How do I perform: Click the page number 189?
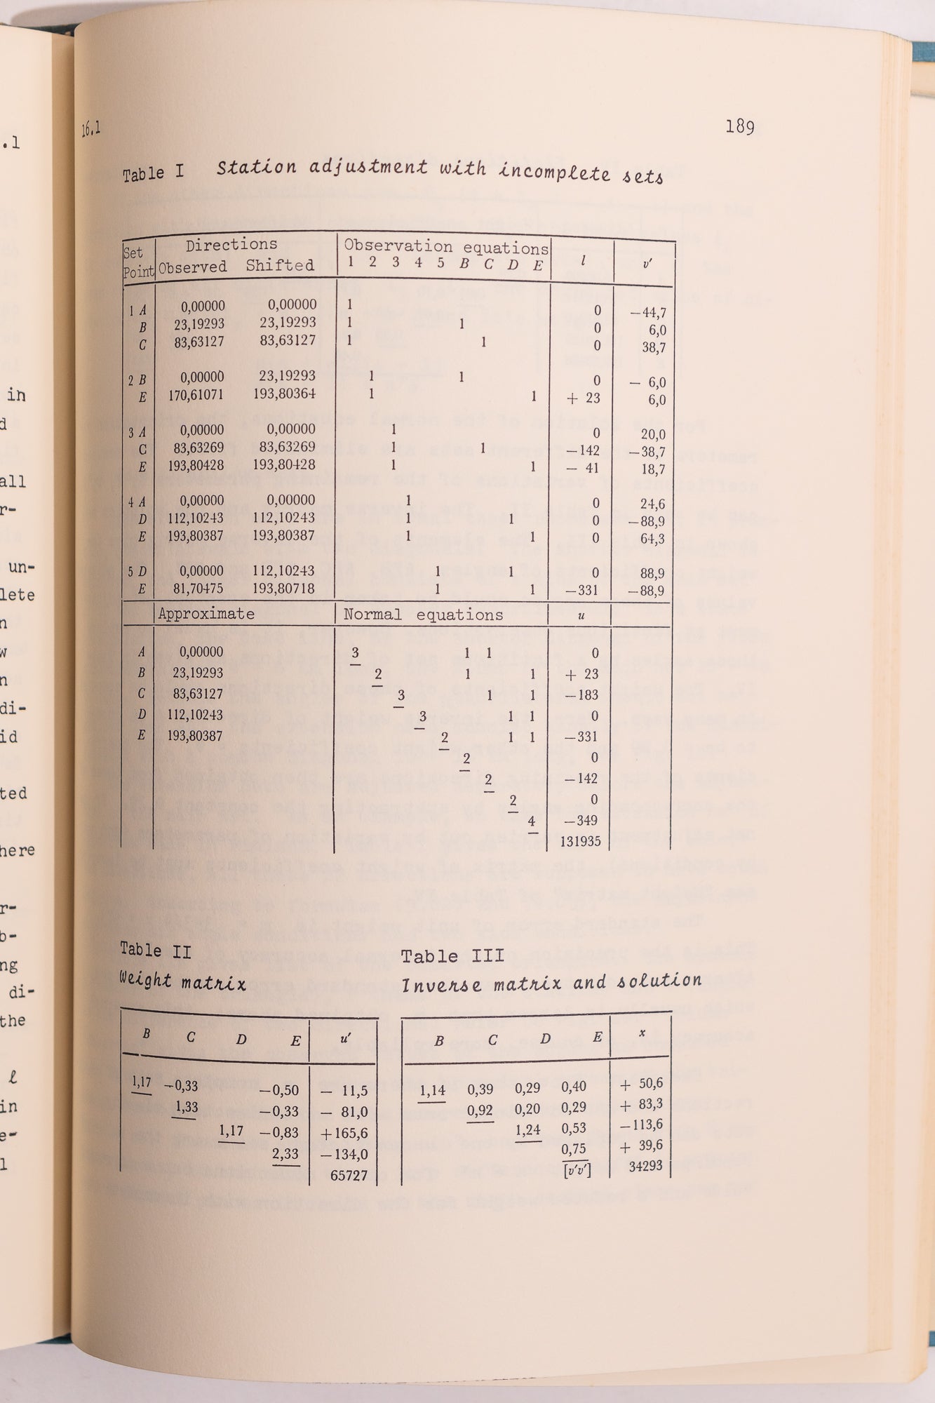739,127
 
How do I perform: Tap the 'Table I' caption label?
153,173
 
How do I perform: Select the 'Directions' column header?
231,245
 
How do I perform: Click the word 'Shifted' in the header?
280,265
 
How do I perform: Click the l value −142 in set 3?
584,450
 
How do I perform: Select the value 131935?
580,841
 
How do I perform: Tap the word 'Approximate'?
206,614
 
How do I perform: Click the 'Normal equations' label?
423,615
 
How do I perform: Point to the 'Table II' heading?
151,951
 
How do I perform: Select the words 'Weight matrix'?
182,981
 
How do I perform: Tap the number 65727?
349,1175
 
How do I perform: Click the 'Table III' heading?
452,956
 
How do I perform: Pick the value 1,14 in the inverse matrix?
433,1091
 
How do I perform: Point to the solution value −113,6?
641,1125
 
